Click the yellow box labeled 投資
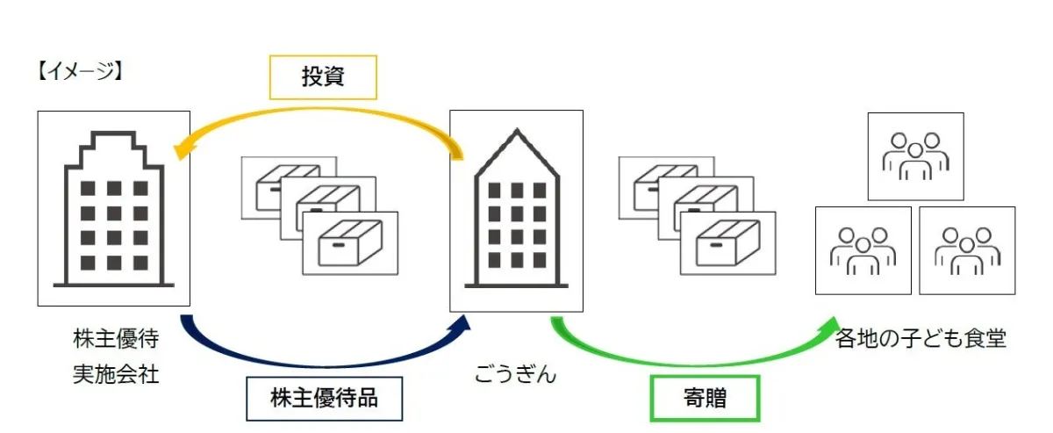[x=323, y=77]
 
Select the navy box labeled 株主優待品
[x=324, y=399]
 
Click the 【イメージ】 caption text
[x=77, y=71]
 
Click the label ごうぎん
[x=515, y=375]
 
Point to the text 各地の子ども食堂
[x=920, y=339]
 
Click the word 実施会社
[x=115, y=374]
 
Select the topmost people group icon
[x=915, y=156]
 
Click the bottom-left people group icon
[x=863, y=250]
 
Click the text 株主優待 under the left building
[x=115, y=339]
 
